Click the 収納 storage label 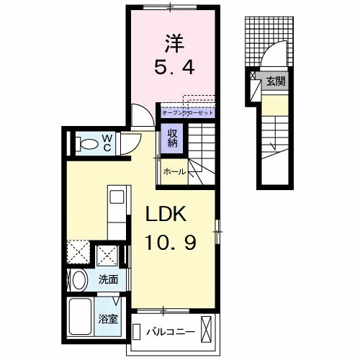173,137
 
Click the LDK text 168,214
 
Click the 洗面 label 108,279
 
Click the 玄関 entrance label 276,81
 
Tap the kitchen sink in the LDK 118,196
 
